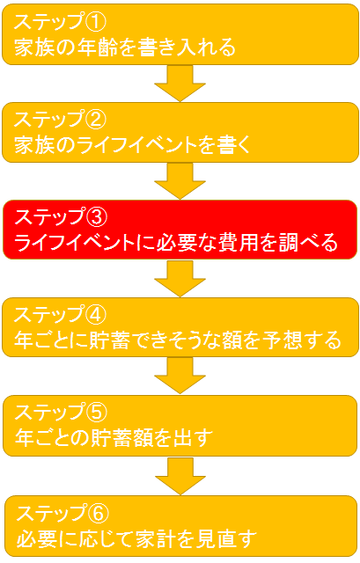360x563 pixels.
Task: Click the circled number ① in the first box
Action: coord(95,21)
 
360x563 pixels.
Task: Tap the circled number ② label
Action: coord(95,120)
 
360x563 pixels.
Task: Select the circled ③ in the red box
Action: coord(96,217)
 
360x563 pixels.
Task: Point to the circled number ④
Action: coord(95,315)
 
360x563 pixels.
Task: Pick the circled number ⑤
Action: coord(96,413)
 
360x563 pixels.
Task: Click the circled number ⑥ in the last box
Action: coord(98,513)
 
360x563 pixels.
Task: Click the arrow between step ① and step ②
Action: coord(180,84)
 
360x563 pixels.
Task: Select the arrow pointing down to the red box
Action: coord(180,181)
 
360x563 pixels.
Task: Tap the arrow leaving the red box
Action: coord(180,279)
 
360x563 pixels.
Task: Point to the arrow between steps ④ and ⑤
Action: coord(180,376)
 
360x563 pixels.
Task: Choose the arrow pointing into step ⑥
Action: coord(180,476)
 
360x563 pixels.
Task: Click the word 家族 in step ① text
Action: coord(34,47)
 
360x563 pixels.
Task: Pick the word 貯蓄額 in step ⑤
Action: coord(122,438)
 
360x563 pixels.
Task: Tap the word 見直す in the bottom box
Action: coord(226,539)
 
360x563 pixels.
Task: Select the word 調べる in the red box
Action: coord(308,243)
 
